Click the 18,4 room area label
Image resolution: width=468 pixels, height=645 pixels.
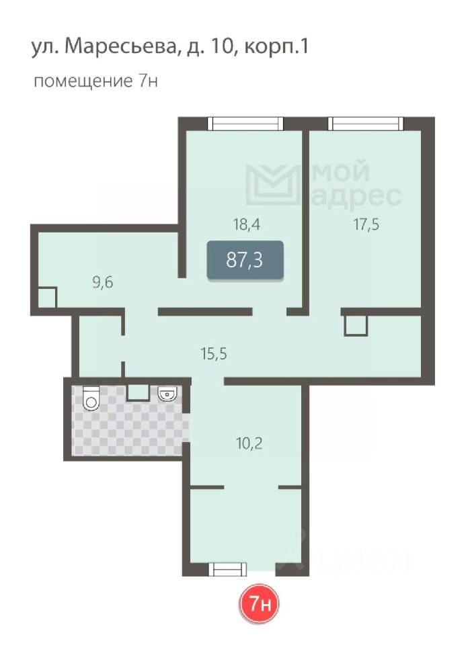pyautogui.click(x=246, y=224)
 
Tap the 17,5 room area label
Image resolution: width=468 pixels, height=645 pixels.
pyautogui.click(x=366, y=224)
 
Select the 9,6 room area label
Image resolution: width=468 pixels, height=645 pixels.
pyautogui.click(x=102, y=283)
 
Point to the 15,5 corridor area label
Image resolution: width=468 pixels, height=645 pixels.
pyautogui.click(x=214, y=353)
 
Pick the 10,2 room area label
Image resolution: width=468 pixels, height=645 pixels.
pyautogui.click(x=249, y=443)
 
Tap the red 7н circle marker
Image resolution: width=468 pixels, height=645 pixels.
pyautogui.click(x=260, y=604)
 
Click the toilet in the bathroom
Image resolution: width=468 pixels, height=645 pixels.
pyautogui.click(x=91, y=398)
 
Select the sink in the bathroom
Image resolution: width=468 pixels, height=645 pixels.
pyautogui.click(x=167, y=393)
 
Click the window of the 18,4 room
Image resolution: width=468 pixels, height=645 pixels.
pyautogui.click(x=245, y=124)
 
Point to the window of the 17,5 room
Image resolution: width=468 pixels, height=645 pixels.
pyautogui.click(x=366, y=124)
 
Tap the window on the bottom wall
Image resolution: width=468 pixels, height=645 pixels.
pyautogui.click(x=228, y=569)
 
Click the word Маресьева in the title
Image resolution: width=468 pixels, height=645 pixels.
pyautogui.click(x=120, y=46)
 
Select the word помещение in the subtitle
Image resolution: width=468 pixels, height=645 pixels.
pyautogui.click(x=83, y=81)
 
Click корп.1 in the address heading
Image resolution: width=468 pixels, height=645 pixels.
pyautogui.click(x=276, y=47)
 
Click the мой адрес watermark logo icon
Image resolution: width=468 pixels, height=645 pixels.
pyautogui.click(x=273, y=185)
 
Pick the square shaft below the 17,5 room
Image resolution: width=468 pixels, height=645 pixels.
pyautogui.click(x=356, y=325)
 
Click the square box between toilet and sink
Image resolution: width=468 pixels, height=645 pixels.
pyautogui.click(x=137, y=392)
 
